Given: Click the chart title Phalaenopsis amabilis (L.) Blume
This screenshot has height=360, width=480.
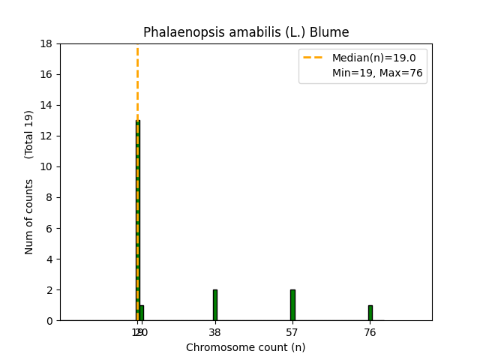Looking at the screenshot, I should click(x=246, y=32).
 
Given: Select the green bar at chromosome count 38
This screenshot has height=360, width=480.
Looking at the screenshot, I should click(x=214, y=305).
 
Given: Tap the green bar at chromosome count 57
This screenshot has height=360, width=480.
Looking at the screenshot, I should click(x=292, y=305).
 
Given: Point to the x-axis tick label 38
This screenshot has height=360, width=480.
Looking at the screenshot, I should click(x=214, y=333).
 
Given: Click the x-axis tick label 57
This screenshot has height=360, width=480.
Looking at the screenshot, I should click(x=292, y=333).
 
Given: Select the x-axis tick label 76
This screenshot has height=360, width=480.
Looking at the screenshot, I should click(x=370, y=333).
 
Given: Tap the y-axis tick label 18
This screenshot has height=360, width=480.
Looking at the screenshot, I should click(x=46, y=43).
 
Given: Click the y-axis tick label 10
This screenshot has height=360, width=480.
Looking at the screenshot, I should click(x=46, y=166).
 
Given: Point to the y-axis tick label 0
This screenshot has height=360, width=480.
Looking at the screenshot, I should click(x=49, y=321).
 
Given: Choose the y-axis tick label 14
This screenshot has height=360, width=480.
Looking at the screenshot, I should click(x=46, y=105).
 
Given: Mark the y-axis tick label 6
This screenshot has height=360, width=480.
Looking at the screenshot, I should click(x=49, y=228).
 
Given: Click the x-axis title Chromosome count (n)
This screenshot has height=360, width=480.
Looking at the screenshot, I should click(x=246, y=347).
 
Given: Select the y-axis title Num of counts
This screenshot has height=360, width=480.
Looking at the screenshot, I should click(x=29, y=217).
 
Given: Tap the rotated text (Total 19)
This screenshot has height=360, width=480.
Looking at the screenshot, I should click(x=29, y=134).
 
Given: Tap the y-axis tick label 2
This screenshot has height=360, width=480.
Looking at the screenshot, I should click(x=49, y=290).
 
